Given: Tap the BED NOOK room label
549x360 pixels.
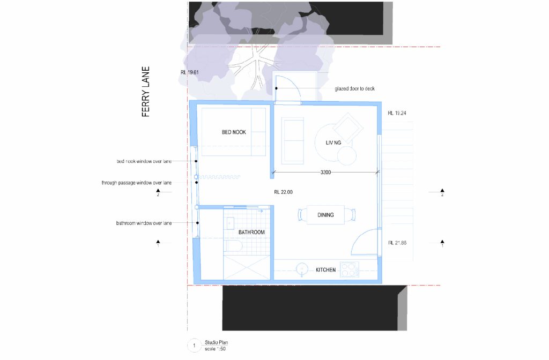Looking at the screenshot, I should tap(234, 132).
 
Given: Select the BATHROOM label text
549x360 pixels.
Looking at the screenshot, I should tap(251, 232).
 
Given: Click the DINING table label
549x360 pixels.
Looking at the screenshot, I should tap(325, 215).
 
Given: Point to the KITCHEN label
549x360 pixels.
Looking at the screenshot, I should tap(325, 270).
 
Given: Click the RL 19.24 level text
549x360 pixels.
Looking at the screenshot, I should tap(398, 114).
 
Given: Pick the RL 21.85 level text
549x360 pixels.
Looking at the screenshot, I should tap(398, 243).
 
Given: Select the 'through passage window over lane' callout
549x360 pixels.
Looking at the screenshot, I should tap(137, 183).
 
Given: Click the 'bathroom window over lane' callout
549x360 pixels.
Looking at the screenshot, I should tap(144, 223).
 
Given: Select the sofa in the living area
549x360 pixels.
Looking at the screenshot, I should tap(292, 140).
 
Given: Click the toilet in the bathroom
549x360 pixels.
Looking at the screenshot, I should tap(234, 246).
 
